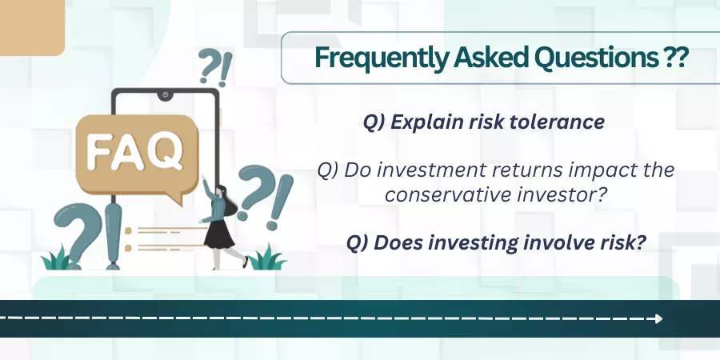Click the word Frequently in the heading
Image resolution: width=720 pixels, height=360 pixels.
(x=381, y=58)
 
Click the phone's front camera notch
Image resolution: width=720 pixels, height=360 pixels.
(x=165, y=95)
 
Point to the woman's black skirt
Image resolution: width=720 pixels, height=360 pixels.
(x=219, y=234)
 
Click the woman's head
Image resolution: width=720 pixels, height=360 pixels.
(x=222, y=191)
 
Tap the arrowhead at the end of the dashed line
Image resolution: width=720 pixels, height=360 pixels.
(x=659, y=318)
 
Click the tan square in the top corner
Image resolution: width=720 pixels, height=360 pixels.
(x=32, y=27)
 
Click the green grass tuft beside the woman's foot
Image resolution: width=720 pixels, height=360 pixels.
(x=267, y=258)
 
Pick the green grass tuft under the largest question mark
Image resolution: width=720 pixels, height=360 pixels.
(x=58, y=259)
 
